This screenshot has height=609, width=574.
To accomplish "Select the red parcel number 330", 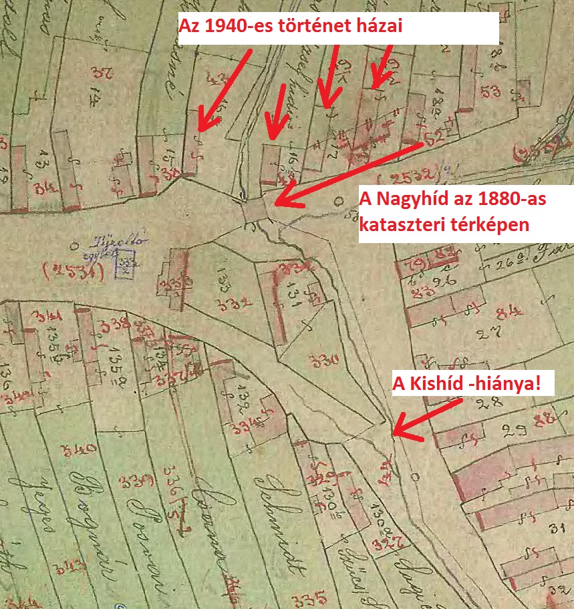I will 325,361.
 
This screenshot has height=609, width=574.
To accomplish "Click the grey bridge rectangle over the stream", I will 254,212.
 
